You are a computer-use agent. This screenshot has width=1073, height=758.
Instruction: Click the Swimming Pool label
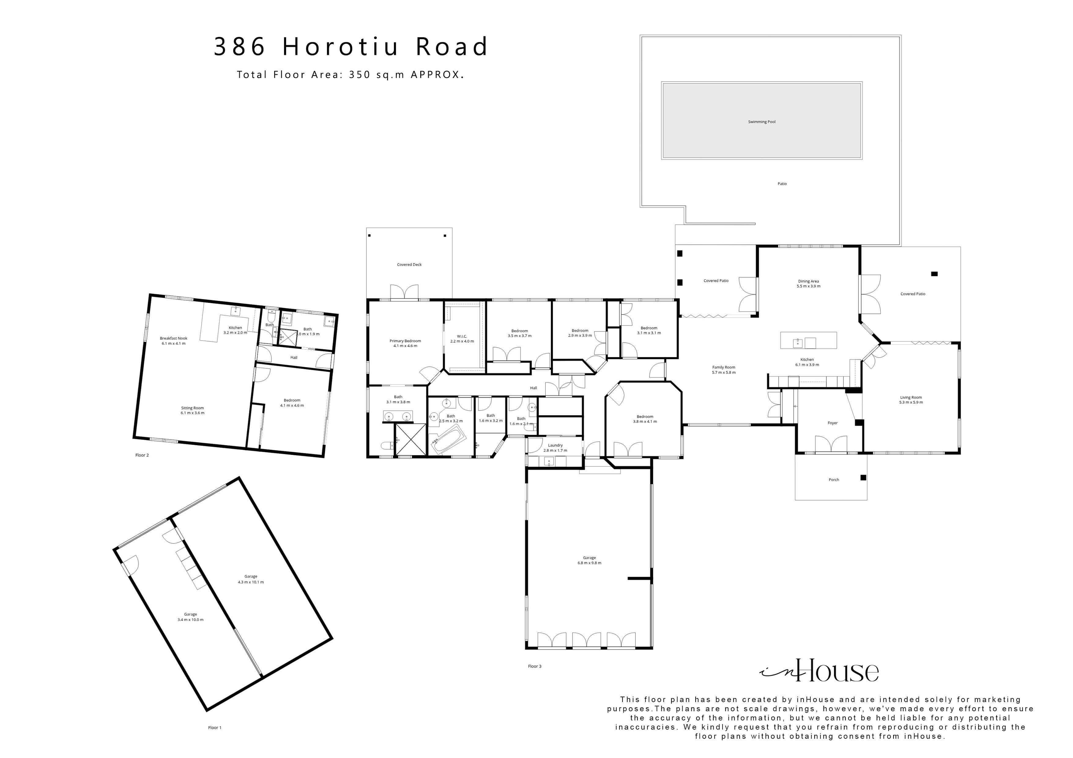761,122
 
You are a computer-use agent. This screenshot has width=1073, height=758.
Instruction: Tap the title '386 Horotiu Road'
351,47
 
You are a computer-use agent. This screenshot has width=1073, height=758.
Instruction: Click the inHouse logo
819,672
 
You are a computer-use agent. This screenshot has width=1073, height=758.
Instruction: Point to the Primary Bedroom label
405,341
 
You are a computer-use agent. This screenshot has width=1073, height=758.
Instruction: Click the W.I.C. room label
462,336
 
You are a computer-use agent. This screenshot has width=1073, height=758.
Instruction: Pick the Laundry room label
555,445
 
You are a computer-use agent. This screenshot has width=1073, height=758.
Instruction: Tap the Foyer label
832,423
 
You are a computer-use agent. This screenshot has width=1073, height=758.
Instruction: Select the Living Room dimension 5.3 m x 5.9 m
911,402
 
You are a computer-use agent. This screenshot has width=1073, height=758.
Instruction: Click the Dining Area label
808,281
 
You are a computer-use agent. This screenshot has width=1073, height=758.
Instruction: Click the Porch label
834,480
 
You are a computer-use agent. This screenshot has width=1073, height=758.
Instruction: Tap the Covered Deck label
409,265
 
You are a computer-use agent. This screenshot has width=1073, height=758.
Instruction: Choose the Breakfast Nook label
173,338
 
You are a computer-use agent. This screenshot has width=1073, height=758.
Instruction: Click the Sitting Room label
192,408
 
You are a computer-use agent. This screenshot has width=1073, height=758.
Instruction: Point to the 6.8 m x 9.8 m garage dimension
589,563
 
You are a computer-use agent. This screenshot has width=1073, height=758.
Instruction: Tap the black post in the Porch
863,477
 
